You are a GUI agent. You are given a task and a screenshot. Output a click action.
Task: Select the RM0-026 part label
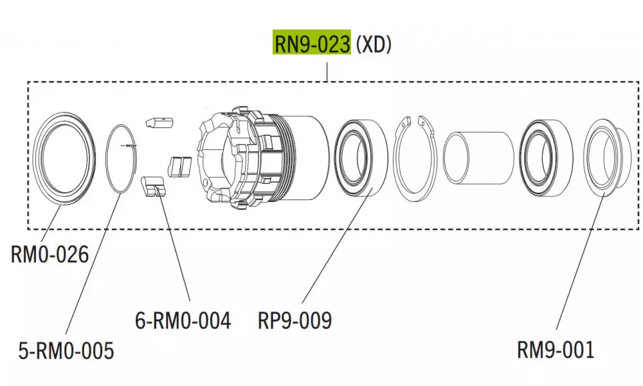point(50,255)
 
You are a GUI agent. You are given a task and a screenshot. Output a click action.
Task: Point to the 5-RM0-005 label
point(66,351)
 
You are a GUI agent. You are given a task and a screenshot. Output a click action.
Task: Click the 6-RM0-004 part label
point(183,320)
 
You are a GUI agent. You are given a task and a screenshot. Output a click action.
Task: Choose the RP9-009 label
point(294,320)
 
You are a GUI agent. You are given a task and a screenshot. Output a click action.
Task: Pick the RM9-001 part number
point(556,350)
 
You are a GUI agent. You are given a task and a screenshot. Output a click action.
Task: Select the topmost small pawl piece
point(159,122)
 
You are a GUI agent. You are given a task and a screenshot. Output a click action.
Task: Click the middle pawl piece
point(180,165)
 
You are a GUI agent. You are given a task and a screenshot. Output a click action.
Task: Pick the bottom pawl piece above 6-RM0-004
point(152,186)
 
